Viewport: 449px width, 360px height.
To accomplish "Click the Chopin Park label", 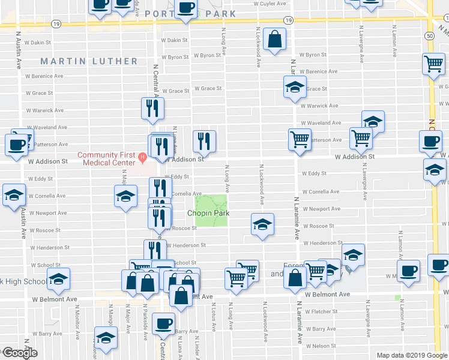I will click(208, 214).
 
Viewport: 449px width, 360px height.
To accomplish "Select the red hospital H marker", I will click(142, 158).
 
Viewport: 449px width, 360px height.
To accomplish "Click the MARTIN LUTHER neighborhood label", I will click(89, 61).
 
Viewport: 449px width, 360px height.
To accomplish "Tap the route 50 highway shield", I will click(431, 36).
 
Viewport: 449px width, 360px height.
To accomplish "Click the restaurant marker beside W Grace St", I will click(151, 108).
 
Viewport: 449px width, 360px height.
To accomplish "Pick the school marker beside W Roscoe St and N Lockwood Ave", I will click(262, 225).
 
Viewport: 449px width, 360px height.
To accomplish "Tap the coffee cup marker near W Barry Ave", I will click(163, 324).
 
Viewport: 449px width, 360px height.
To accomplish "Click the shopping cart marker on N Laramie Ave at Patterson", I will click(300, 140).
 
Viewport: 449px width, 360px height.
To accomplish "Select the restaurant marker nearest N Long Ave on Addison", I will click(205, 141).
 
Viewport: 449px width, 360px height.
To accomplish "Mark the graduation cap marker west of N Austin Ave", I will click(14, 195).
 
